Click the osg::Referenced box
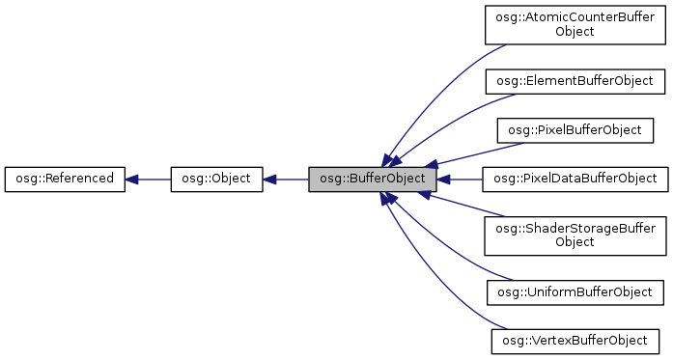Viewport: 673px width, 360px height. point(65,179)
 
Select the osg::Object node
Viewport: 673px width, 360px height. point(216,179)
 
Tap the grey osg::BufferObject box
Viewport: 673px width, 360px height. point(373,179)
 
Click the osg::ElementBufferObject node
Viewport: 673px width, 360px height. point(575,81)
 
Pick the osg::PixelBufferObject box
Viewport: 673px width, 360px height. point(575,129)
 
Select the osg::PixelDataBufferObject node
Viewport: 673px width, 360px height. point(575,179)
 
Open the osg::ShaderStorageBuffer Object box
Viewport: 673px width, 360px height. point(575,235)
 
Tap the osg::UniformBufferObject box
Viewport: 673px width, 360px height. point(575,291)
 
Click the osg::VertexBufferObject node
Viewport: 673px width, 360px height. point(575,340)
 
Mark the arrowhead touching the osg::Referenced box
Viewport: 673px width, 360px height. point(133,179)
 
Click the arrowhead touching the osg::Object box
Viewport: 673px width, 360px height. point(270,179)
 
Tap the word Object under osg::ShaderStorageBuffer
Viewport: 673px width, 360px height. point(575,241)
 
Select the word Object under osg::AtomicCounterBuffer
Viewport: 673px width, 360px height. point(575,32)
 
